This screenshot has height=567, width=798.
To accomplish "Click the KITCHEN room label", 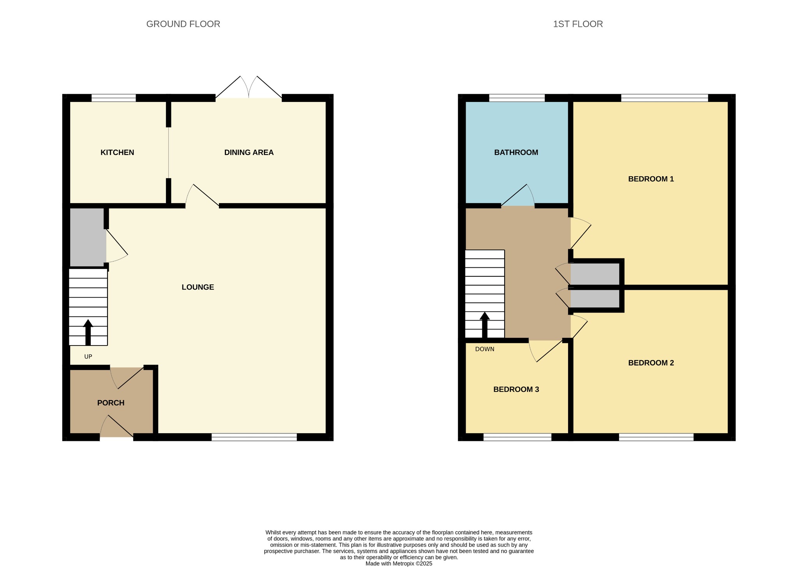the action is click(117, 153).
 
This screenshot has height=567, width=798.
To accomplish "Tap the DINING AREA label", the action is click(249, 153).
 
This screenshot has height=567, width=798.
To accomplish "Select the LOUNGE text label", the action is click(198, 287).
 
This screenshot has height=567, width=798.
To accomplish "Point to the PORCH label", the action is click(111, 403).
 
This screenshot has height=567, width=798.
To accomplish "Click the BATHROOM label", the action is click(516, 153).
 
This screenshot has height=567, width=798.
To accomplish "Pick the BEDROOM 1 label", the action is click(651, 179).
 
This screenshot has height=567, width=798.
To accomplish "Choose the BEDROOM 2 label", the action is click(651, 363).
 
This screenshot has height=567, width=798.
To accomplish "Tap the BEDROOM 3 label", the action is click(516, 389).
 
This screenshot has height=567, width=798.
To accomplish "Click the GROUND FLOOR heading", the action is click(183, 24).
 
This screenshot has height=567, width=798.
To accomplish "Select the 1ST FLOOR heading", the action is click(578, 24).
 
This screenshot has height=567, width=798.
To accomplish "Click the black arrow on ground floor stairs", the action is click(88, 332).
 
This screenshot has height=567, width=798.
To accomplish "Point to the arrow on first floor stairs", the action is click(485, 325).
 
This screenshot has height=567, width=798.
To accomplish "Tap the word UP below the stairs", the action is click(88, 356).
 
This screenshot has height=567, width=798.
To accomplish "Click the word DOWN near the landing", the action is click(485, 349).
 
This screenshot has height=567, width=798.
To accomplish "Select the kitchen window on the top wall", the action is click(114, 98).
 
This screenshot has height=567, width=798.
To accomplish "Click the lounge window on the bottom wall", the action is click(254, 437).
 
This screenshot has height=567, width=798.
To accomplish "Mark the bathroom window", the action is click(517, 98).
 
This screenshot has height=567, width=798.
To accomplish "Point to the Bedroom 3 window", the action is click(517, 437).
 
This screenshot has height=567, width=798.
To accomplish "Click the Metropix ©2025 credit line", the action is click(399, 563).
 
